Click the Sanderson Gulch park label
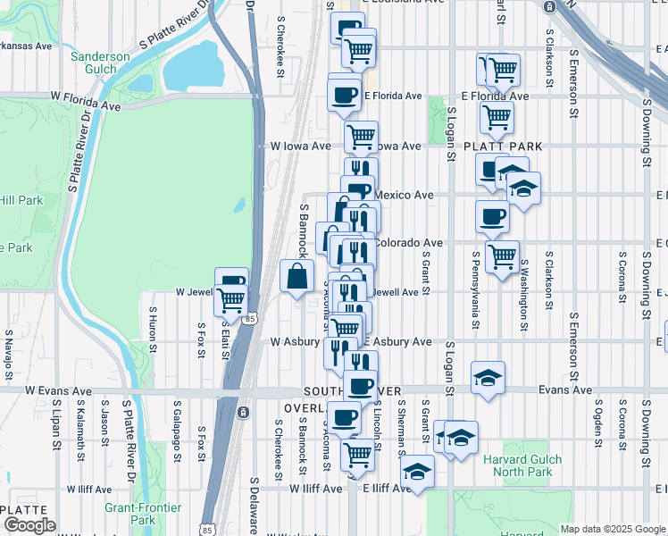(x=100, y=63)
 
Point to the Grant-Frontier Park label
(x=143, y=514)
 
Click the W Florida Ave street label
(x=85, y=99)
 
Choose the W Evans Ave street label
(x=58, y=390)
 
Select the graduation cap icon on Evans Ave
(x=488, y=378)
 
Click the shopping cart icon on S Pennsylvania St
(x=502, y=255)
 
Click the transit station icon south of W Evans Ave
(x=241, y=413)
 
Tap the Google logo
(x=29, y=524)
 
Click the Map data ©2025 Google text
(x=613, y=529)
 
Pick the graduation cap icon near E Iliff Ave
(x=416, y=472)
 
